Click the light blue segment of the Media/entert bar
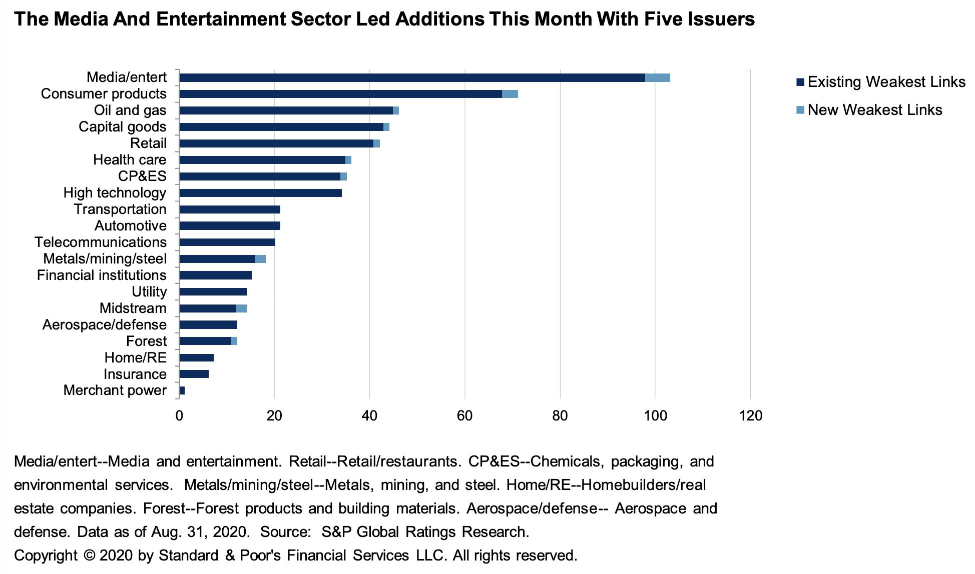[x=657, y=77]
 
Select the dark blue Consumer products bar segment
[x=340, y=94]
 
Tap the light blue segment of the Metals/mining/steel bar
[x=260, y=259]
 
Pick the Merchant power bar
[x=182, y=390]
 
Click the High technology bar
[x=260, y=193]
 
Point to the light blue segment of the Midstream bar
[x=241, y=308]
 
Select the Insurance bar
[x=194, y=374]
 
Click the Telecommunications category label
[x=101, y=242]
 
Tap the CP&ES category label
[x=142, y=176]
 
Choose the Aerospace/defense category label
[x=104, y=325]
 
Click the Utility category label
[x=149, y=292]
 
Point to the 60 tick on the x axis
[x=465, y=416]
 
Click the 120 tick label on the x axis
[x=750, y=416]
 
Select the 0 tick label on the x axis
[x=179, y=416]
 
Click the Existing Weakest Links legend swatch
[x=800, y=82]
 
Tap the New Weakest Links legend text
[x=875, y=110]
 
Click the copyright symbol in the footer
[x=89, y=555]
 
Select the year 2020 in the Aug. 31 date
[x=231, y=531]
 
